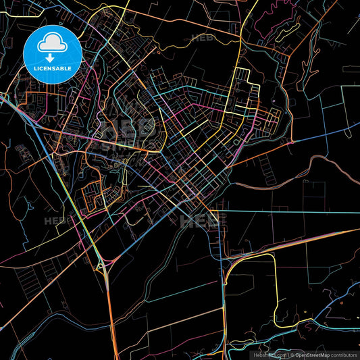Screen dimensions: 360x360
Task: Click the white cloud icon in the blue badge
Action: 52,44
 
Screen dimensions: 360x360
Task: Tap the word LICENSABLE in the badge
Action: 52,68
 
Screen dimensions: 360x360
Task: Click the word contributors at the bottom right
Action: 344,354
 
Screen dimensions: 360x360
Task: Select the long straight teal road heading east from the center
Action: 290,211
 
